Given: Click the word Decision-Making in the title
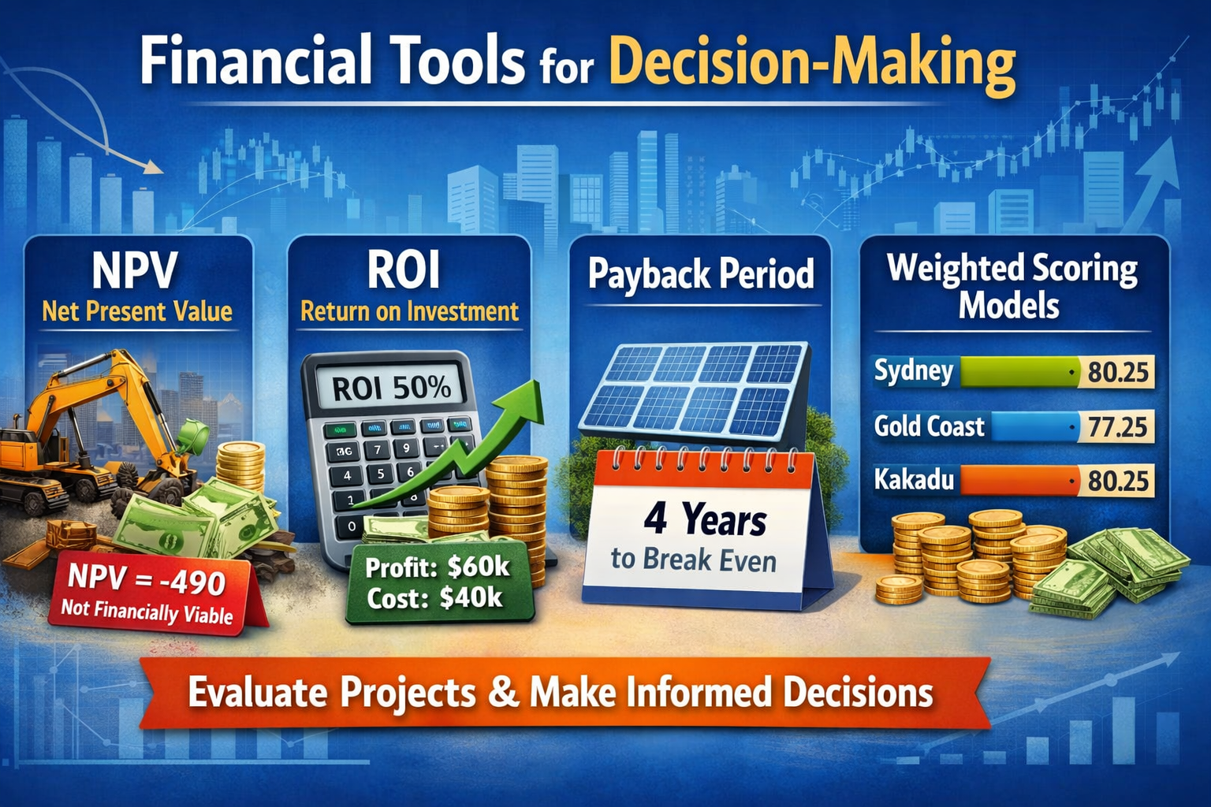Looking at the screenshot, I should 811,63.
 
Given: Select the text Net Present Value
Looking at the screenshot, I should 137,311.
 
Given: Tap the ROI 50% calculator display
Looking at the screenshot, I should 391,388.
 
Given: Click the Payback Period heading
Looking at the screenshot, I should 701,274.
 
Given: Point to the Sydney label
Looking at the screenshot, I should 914,371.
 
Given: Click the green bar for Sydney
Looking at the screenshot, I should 1017,372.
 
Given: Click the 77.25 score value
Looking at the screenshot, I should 1117,427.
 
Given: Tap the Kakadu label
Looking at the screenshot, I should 914,480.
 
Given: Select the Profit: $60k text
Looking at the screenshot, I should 438,567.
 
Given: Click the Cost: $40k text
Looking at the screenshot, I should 434,598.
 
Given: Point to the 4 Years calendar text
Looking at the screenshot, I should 705,521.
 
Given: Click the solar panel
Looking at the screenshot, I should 694,390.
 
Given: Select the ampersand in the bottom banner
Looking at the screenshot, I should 503,694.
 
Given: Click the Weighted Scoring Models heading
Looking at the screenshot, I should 1012,286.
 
